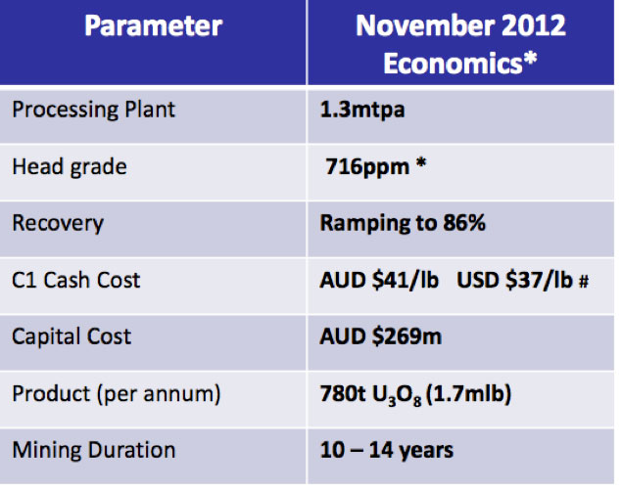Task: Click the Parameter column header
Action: [153, 26]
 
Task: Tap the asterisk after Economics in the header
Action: [530, 60]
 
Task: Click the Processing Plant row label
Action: [94, 110]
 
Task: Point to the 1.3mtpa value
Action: [362, 110]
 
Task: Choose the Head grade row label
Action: [70, 167]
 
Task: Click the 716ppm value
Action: [367, 167]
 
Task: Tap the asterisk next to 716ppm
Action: [421, 162]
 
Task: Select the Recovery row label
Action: [58, 223]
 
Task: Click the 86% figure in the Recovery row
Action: [463, 223]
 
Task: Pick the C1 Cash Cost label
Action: [76, 280]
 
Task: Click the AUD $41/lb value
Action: [379, 280]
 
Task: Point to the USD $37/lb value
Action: [514, 280]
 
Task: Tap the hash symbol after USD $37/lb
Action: [584, 282]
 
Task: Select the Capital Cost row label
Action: [72, 336]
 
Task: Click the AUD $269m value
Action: [380, 336]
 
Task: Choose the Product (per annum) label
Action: [117, 394]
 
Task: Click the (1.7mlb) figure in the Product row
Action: [468, 394]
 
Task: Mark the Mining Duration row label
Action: [94, 450]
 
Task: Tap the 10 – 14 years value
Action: [386, 450]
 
